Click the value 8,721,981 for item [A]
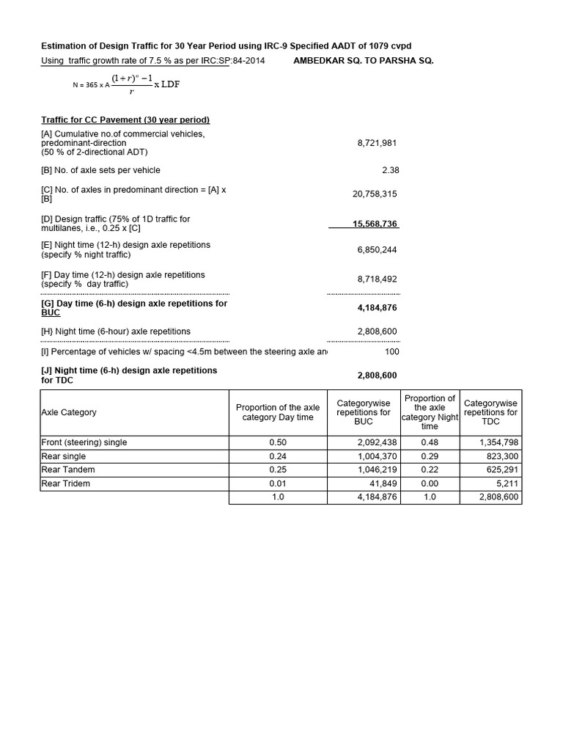pos(377,143)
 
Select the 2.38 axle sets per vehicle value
pos(390,170)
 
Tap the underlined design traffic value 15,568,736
pos(375,224)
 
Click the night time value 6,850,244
pos(377,250)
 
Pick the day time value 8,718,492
pos(377,279)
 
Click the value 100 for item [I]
pos(391,352)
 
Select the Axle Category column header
pos(69,412)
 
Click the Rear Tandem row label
pos(68,469)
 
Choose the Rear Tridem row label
pos(68,483)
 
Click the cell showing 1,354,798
pos(498,442)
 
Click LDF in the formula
pos(170,84)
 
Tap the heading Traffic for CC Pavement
pos(125,120)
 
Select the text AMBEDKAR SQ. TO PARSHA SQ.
pos(363,61)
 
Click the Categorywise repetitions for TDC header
pos(490,412)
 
